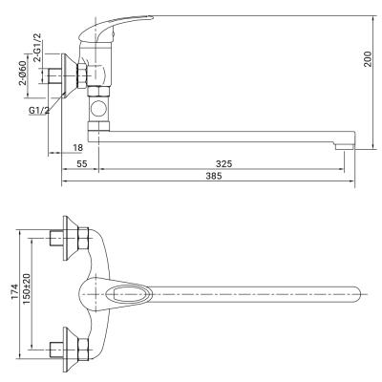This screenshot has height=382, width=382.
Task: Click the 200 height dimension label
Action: (x=368, y=58)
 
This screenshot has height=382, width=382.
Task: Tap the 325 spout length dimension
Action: (x=224, y=164)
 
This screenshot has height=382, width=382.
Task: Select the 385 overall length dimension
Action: (x=213, y=176)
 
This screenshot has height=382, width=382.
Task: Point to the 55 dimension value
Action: (x=81, y=164)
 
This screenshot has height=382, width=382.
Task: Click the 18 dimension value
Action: (x=77, y=148)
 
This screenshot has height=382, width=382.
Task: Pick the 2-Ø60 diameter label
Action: (x=23, y=74)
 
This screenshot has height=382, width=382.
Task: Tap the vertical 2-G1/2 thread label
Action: (x=37, y=47)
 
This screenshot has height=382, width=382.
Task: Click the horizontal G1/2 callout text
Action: (x=39, y=111)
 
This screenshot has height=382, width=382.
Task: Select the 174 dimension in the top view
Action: (x=14, y=291)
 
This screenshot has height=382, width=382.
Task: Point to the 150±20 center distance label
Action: (x=27, y=288)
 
